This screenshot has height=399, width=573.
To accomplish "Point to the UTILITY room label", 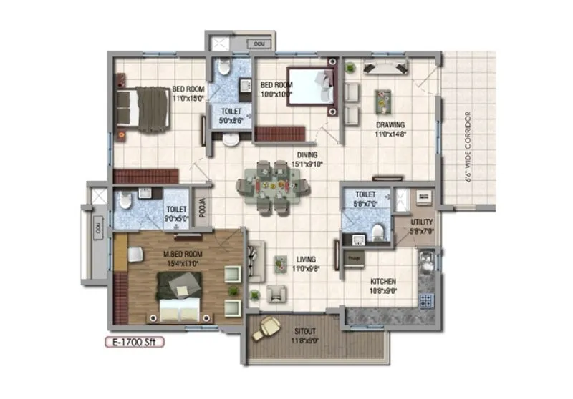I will [x=421, y=227].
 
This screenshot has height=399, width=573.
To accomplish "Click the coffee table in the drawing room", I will [x=384, y=100].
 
